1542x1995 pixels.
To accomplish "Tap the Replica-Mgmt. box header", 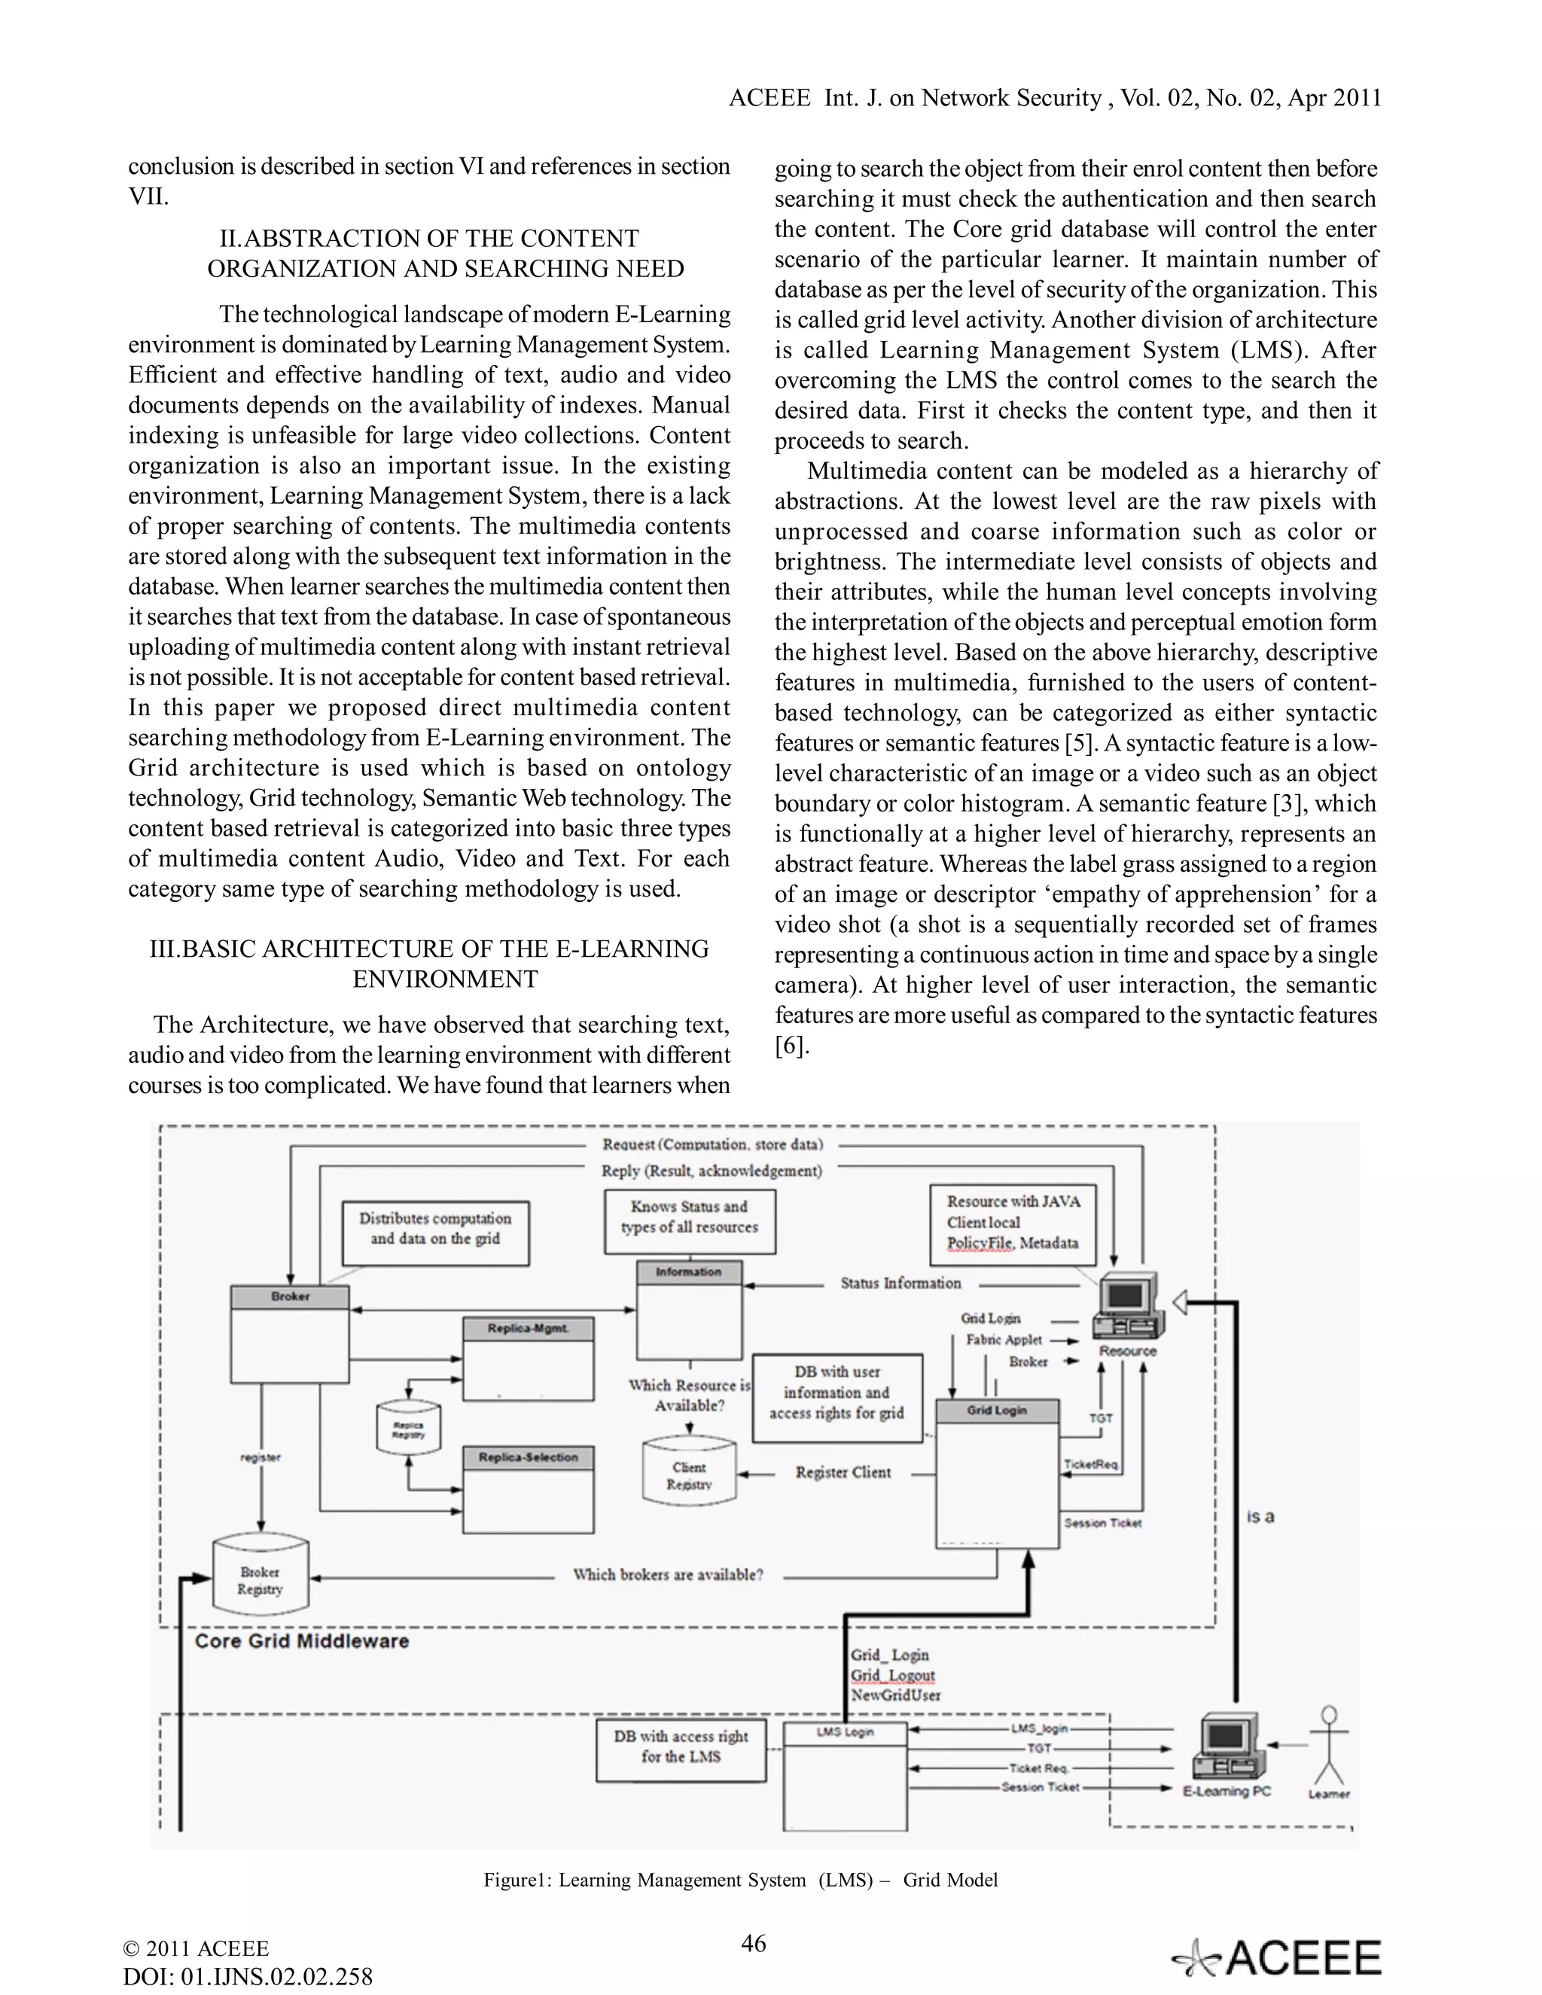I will click(x=528, y=1328).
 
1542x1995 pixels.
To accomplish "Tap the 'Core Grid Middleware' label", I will click(x=301, y=1640).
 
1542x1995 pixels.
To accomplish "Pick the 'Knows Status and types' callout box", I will click(x=690, y=1220).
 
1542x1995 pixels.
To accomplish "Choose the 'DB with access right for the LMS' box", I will click(x=681, y=1750).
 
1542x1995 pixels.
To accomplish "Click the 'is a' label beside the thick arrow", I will click(x=1260, y=1517).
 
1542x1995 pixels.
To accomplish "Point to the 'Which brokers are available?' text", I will click(x=668, y=1575).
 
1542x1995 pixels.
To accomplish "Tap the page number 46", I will click(x=754, y=1943).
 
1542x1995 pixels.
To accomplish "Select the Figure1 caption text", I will click(x=740, y=1880).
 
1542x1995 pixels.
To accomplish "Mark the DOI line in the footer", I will click(x=248, y=1978).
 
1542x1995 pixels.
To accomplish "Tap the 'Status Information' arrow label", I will click(x=901, y=1284).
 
